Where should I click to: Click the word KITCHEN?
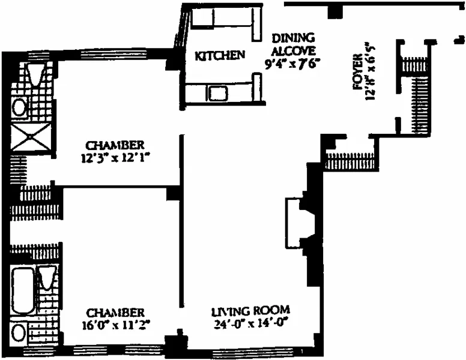pos(220,55)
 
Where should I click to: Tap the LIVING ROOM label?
pos(250,311)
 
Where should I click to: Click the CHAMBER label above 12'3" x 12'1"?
pos(115,145)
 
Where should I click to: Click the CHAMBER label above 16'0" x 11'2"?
pos(116,313)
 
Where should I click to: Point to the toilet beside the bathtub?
pos(47,278)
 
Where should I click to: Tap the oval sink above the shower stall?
pos(19,107)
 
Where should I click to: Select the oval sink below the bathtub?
pos(20,332)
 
